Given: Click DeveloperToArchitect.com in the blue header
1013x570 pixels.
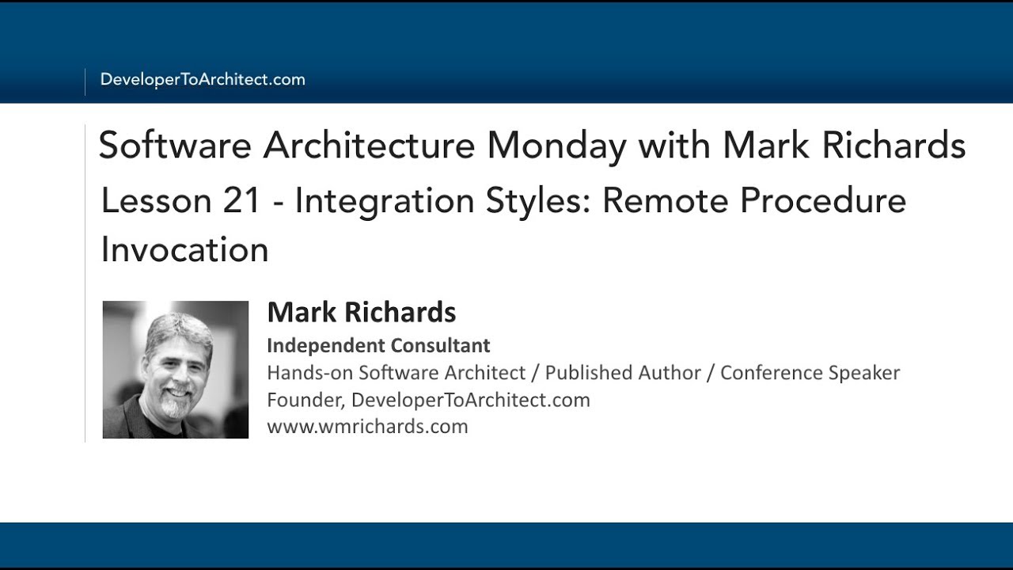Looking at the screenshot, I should coord(203,79).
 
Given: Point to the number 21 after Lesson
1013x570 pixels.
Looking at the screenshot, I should coord(241,201).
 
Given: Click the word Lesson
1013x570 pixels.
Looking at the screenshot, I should coord(155,201).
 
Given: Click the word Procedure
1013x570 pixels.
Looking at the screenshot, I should coord(823,201).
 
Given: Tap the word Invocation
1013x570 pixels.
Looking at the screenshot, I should coord(185,250).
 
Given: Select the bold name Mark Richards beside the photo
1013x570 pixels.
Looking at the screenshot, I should coord(362,312).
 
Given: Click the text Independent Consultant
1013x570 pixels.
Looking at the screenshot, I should coord(378,345).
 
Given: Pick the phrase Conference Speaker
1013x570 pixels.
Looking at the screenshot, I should coord(810,372).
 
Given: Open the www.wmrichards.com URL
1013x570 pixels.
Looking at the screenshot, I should coord(367,427).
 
